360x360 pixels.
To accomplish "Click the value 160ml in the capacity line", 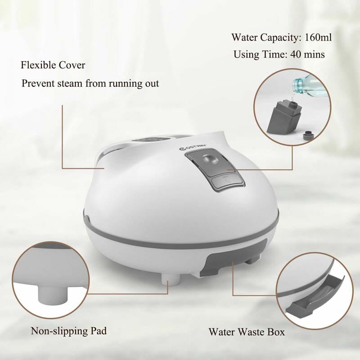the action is click(318, 37).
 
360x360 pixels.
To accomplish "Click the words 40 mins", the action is click(307, 54).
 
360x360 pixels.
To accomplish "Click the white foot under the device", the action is click(171, 280).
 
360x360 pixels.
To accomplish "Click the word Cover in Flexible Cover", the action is click(72, 65).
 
